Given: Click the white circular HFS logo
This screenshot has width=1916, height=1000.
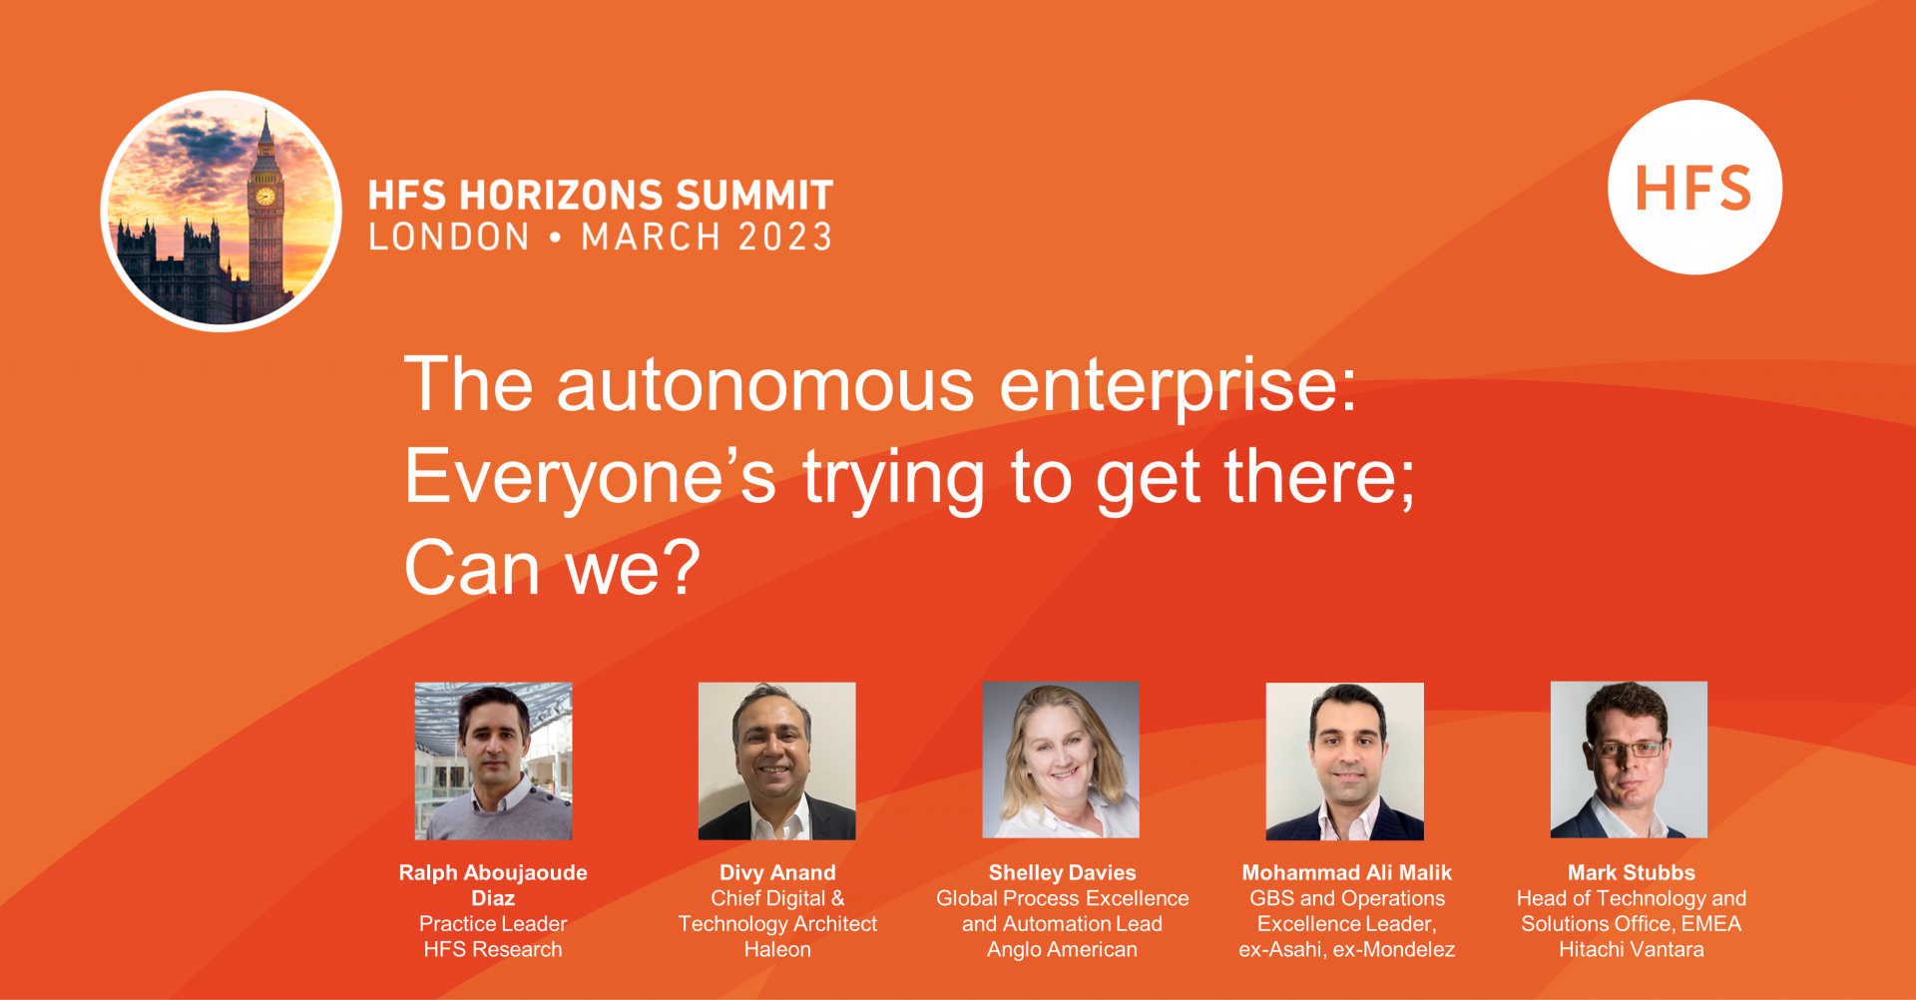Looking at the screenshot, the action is point(1694,187).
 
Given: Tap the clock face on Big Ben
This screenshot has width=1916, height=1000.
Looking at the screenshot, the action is point(265,197).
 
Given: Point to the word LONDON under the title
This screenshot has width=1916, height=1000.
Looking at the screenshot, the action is point(449,238).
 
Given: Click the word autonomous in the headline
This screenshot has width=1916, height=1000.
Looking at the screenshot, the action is point(765,385).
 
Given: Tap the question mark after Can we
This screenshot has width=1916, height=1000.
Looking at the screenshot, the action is point(681,567).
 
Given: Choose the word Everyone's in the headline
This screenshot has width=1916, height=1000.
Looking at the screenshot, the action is point(590,478).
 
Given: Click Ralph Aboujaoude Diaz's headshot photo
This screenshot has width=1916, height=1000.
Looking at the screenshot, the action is point(493,760).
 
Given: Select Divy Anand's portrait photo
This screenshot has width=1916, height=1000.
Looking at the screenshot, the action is point(776,760).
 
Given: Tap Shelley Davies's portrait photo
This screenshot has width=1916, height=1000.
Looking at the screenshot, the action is point(1061,760).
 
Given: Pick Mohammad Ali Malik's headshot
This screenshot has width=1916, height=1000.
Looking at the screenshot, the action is point(1345,760).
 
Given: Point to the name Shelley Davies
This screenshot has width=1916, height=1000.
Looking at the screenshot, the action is point(1062,872).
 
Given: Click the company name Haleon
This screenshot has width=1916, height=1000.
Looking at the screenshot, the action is point(777,949).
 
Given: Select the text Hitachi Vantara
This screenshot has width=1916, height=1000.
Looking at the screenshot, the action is point(1632,949).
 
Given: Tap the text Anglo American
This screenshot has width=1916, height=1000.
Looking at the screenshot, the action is point(1062,949).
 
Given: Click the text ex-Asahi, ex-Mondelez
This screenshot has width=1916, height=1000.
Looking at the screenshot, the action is point(1347,949).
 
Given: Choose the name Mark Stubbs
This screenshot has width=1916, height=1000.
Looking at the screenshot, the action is point(1632,872).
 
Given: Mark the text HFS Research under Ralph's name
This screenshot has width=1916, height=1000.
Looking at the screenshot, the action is point(493,949).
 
